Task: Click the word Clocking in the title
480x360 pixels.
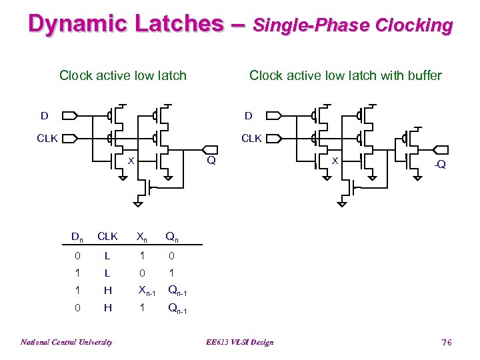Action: tap(414, 25)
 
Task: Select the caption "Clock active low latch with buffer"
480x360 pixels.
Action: tap(345, 75)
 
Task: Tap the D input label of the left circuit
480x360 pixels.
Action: tap(44, 116)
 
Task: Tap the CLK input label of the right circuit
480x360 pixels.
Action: tap(251, 139)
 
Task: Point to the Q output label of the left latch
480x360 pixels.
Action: tap(211, 160)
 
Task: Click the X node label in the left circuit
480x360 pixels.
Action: tap(131, 161)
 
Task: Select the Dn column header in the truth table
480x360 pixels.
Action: tap(77, 236)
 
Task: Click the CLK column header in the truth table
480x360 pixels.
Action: tap(107, 236)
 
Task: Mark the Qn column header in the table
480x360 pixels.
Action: tap(171, 236)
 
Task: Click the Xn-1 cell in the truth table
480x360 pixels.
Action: tap(146, 290)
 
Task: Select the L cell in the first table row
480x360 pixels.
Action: tap(107, 255)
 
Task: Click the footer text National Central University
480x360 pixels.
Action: tap(66, 342)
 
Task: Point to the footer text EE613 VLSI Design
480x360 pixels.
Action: tap(240, 342)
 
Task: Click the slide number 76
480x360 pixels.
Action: tap(446, 342)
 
